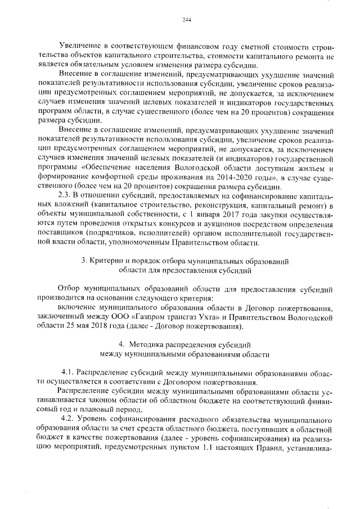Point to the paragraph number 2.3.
[66, 195]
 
